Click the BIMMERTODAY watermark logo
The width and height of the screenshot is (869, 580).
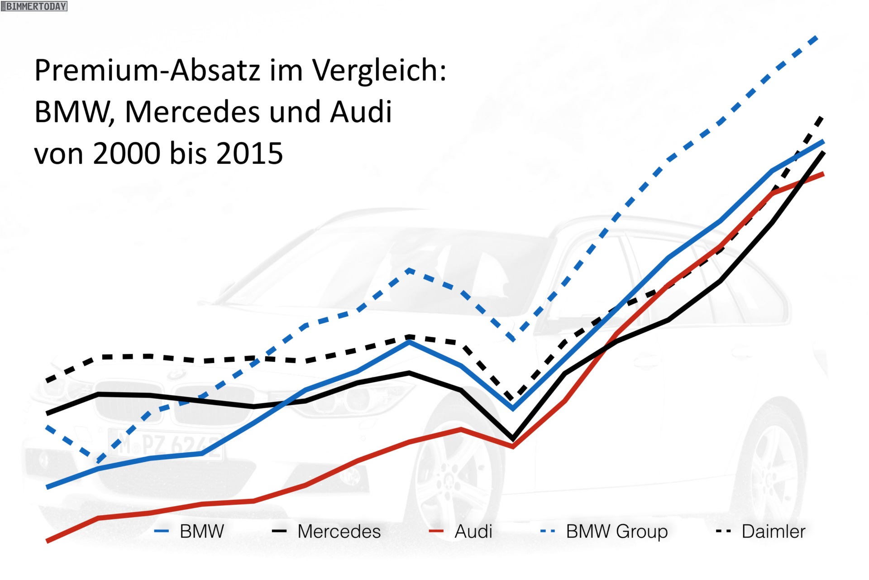pyautogui.click(x=34, y=6)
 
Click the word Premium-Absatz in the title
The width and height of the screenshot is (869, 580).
pyautogui.click(x=148, y=71)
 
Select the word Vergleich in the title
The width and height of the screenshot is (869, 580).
pyautogui.click(x=379, y=71)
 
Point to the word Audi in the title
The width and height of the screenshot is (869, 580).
pyautogui.click(x=361, y=112)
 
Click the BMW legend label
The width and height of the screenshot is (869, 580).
pyautogui.click(x=202, y=532)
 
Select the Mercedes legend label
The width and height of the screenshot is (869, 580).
pyautogui.click(x=339, y=532)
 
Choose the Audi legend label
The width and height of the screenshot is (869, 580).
pyautogui.click(x=473, y=532)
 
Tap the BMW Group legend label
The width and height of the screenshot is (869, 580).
pyautogui.click(x=616, y=532)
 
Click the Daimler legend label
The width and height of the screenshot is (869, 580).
pyautogui.click(x=773, y=532)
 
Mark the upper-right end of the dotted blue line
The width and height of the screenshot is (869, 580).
pyautogui.click(x=817, y=38)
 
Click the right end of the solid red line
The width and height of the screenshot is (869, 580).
pyautogui.click(x=823, y=174)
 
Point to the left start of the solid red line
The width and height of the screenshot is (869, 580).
pyautogui.click(x=48, y=541)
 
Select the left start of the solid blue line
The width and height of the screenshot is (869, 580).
pyautogui.click(x=48, y=487)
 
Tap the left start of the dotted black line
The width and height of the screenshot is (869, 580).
pyautogui.click(x=48, y=380)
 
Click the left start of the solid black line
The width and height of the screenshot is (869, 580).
pyautogui.click(x=48, y=413)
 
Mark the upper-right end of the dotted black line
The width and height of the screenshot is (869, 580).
pyautogui.click(x=821, y=118)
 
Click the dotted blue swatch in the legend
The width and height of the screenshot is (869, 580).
pyautogui.click(x=548, y=532)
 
